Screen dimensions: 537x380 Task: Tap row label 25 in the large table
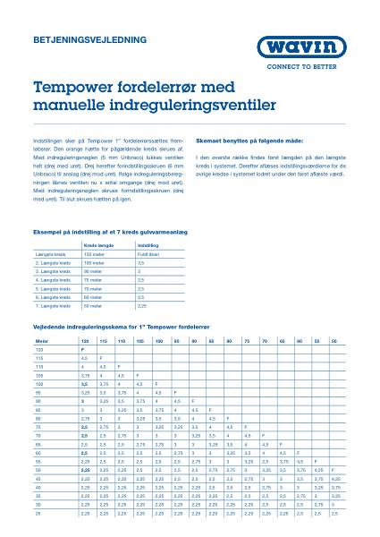[38, 514]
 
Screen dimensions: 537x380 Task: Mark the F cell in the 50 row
[334, 469]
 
